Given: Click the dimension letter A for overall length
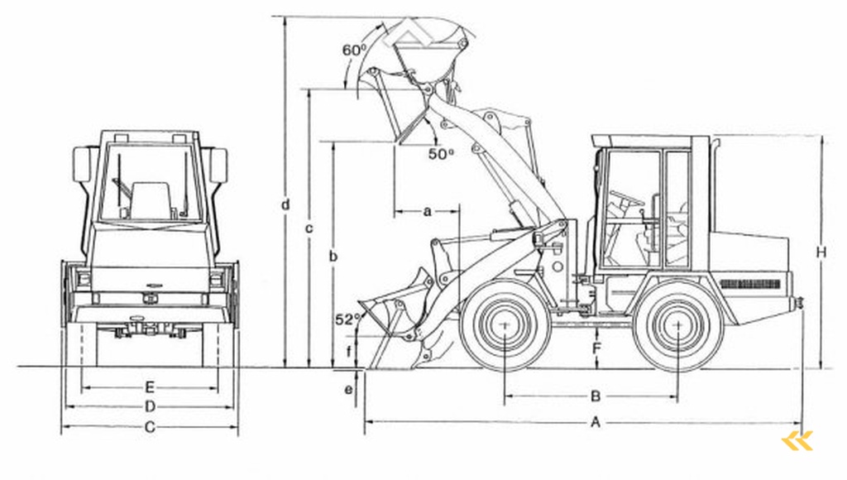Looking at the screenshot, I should click(x=595, y=422).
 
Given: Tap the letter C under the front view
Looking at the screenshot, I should click(x=150, y=427).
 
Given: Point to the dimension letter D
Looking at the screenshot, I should click(x=150, y=406).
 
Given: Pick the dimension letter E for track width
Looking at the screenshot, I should click(x=150, y=386).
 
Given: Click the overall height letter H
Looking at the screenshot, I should click(x=821, y=252).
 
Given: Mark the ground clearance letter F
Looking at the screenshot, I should click(x=596, y=348).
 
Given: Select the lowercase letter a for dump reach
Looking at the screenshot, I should click(x=427, y=211).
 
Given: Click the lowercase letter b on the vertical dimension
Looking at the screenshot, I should click(x=333, y=257).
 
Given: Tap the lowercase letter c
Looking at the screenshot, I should click(x=309, y=228).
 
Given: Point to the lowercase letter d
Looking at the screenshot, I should click(x=285, y=203).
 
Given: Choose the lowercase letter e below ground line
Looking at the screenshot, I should click(x=348, y=388).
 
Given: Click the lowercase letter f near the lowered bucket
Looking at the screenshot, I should click(x=348, y=353).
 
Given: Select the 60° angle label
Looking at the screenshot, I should click(x=354, y=50).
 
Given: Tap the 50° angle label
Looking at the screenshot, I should click(x=441, y=153).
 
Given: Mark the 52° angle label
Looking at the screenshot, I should click(x=347, y=319).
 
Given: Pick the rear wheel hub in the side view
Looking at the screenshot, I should click(x=677, y=325).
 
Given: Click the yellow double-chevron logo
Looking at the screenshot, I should click(x=797, y=440).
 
